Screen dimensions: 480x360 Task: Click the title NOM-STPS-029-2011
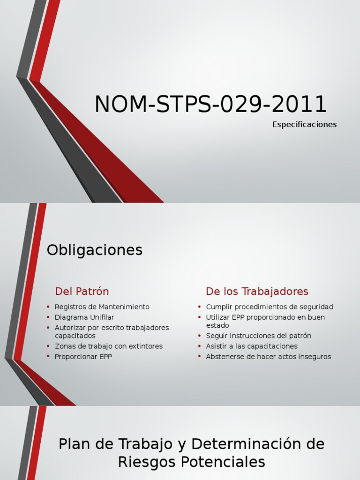click(x=210, y=104)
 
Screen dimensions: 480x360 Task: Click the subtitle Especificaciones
click(x=304, y=125)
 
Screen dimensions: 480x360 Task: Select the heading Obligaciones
click(x=94, y=250)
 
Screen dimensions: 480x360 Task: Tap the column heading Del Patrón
click(x=82, y=292)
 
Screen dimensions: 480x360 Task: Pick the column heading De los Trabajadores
click(x=257, y=292)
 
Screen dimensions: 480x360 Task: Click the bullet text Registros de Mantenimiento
click(x=102, y=307)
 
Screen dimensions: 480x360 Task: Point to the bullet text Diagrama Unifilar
click(x=84, y=317)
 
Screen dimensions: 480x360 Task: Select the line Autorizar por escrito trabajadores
click(x=112, y=328)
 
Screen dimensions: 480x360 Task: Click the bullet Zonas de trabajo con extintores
click(x=108, y=346)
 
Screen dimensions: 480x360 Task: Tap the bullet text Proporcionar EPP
click(x=83, y=357)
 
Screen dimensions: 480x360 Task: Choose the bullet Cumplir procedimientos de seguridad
click(x=270, y=307)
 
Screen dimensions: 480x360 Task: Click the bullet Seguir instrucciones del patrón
click(x=258, y=336)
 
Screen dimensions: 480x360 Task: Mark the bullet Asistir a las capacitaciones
click(x=252, y=346)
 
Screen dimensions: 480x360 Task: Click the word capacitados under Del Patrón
click(x=75, y=336)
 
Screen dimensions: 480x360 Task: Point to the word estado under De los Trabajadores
click(x=217, y=325)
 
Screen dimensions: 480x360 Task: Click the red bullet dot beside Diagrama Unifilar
click(x=48, y=317)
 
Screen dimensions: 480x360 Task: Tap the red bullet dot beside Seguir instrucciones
click(x=199, y=336)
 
